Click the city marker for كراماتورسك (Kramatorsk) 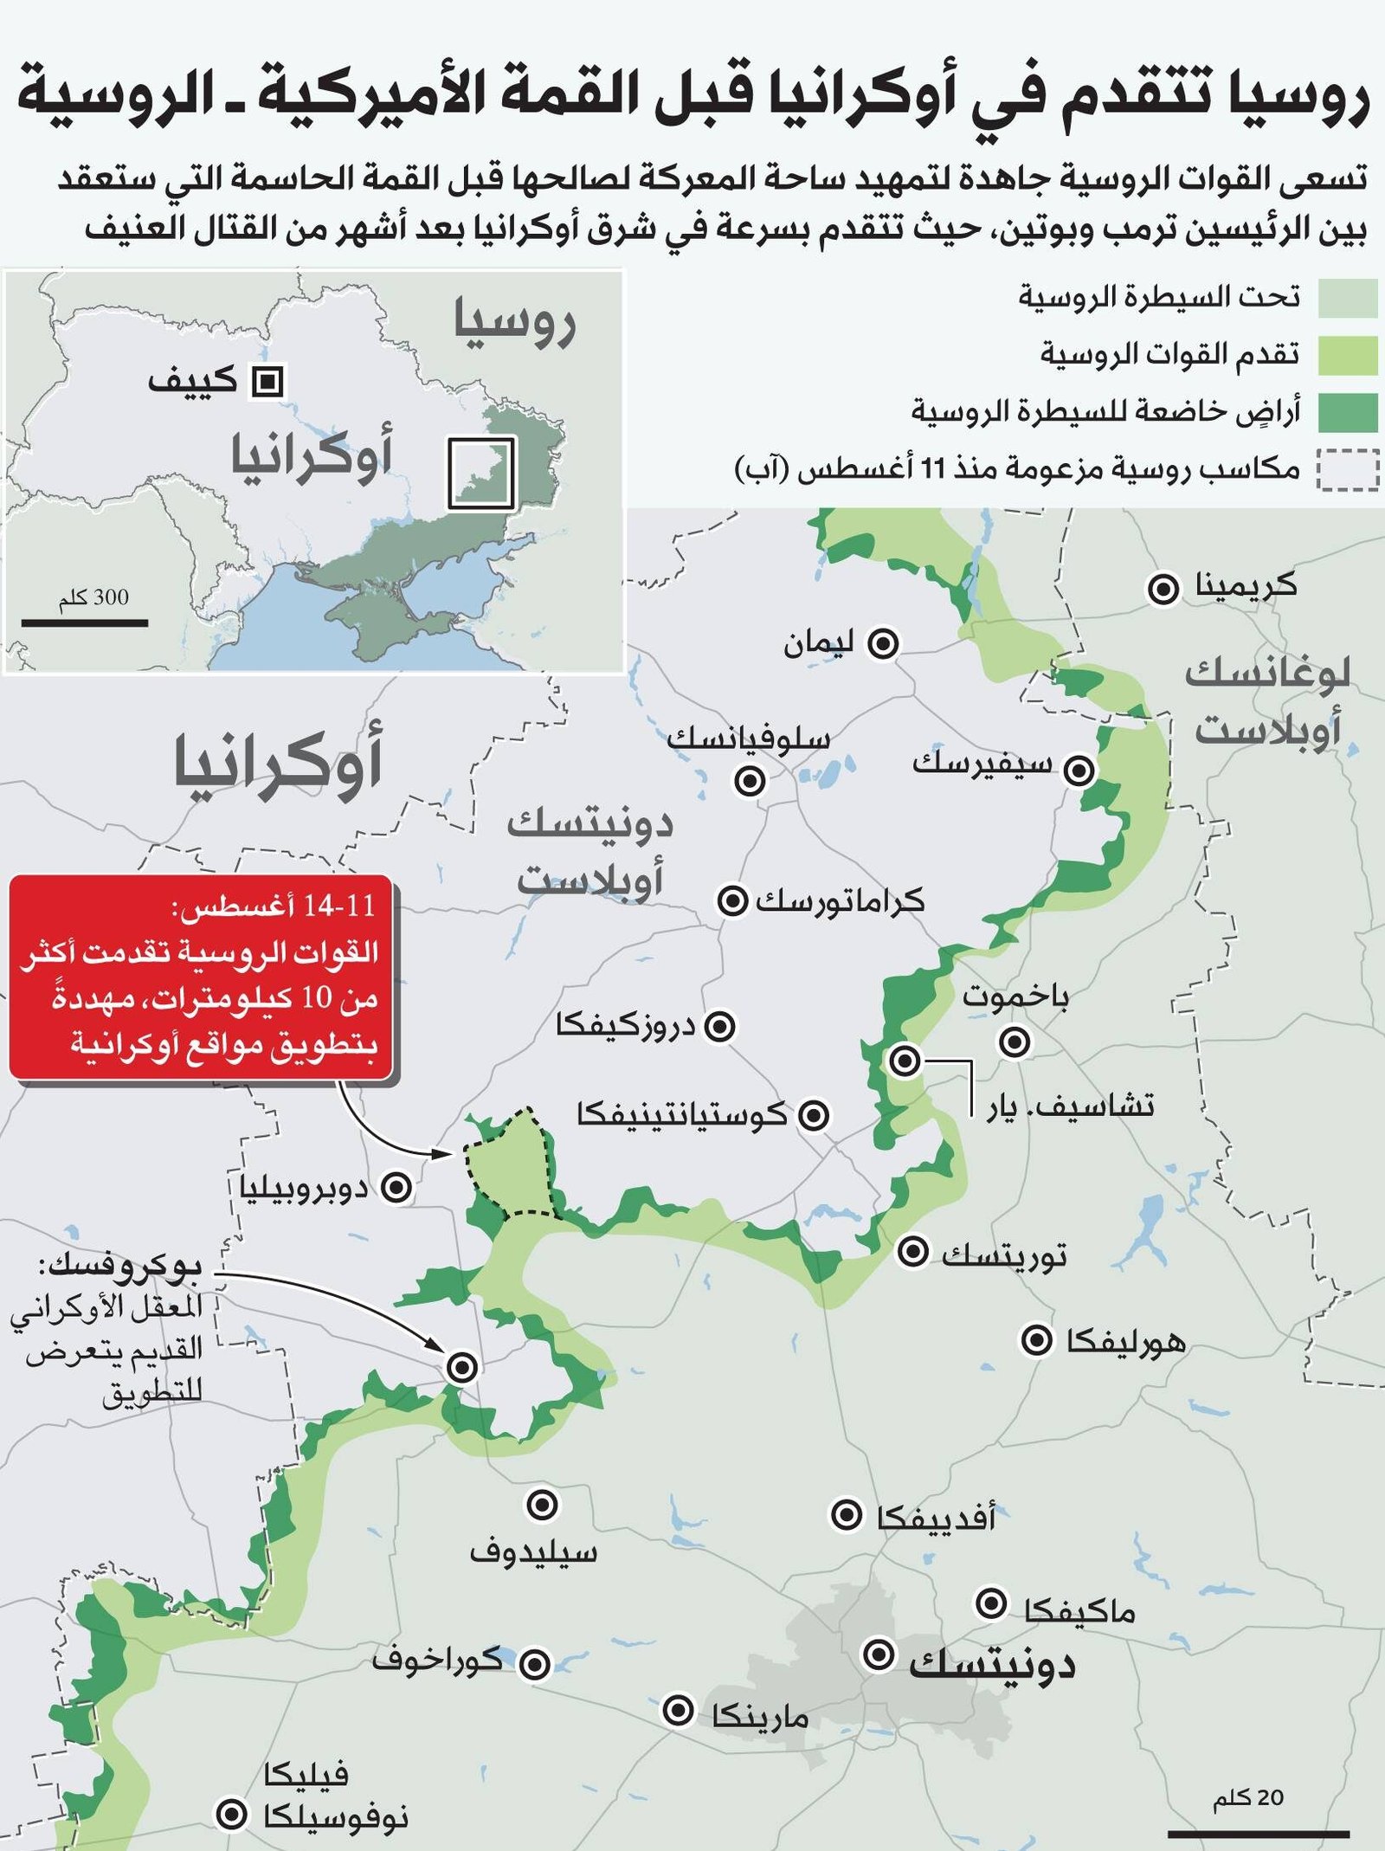(x=732, y=901)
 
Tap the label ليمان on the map (x=818, y=643)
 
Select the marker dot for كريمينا (x=1163, y=590)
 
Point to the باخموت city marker (x=1015, y=1041)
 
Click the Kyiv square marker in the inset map (x=267, y=381)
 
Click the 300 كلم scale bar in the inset (x=85, y=622)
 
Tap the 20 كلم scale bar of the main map (x=1258, y=1832)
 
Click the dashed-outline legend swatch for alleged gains (x=1347, y=470)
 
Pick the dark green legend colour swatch (x=1347, y=412)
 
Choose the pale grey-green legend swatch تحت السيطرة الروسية (x=1347, y=299)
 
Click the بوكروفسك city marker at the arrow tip (x=462, y=1367)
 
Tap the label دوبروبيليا (x=304, y=1188)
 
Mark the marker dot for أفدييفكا (x=846, y=1515)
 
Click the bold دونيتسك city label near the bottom (x=992, y=1664)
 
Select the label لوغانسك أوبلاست (x=1267, y=701)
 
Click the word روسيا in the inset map (x=514, y=321)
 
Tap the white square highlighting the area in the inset (x=481, y=473)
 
